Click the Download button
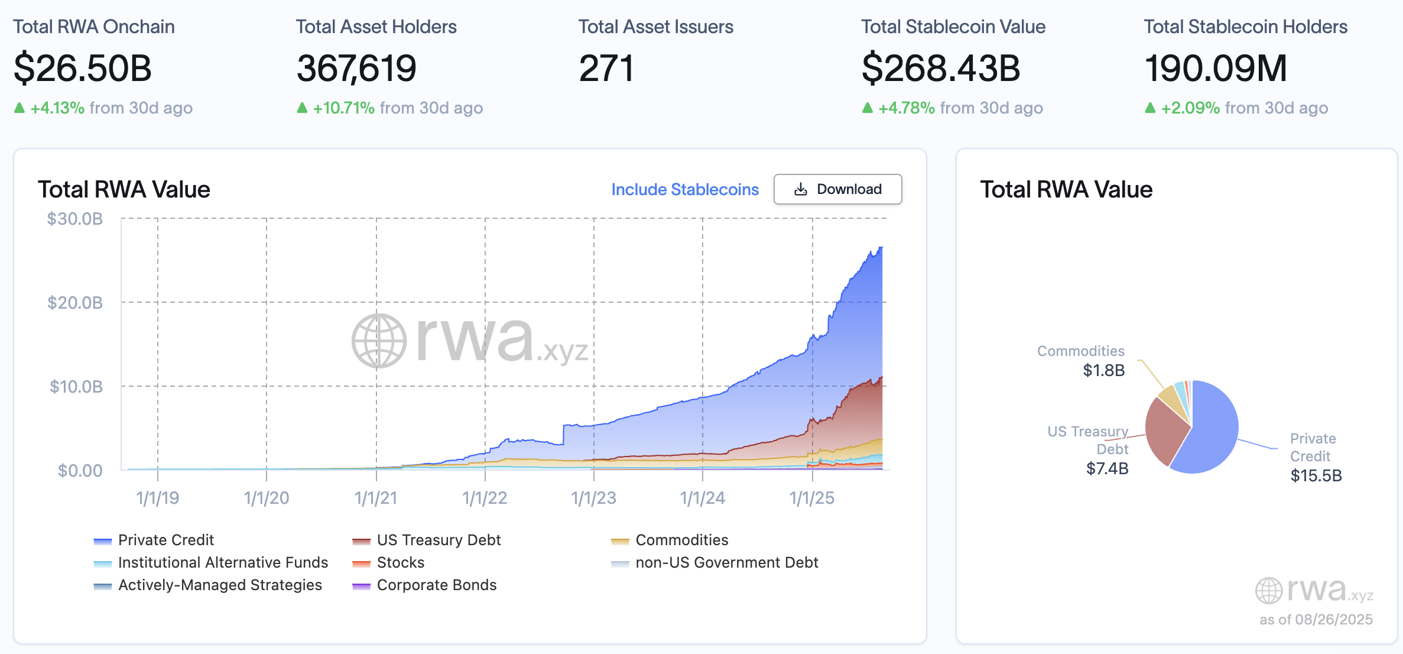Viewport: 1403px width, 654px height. click(837, 189)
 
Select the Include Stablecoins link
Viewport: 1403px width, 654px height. click(684, 189)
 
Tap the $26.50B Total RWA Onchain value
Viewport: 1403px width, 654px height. click(83, 68)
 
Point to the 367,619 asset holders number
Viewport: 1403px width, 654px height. click(356, 68)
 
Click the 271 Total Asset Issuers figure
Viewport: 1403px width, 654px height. click(606, 68)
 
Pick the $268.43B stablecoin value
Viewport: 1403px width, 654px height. click(940, 68)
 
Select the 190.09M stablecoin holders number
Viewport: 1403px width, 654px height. click(1215, 68)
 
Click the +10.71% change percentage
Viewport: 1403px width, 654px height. click(343, 108)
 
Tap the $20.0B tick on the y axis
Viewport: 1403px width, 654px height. click(75, 303)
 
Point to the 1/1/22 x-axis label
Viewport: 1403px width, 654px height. click(485, 498)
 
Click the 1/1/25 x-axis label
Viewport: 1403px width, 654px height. click(812, 498)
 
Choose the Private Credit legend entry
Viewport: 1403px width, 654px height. click(165, 540)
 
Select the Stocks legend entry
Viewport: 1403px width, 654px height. click(400, 562)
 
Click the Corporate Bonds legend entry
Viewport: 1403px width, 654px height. click(436, 585)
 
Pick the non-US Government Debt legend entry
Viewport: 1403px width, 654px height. click(726, 562)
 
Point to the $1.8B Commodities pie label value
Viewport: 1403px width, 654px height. click(1103, 371)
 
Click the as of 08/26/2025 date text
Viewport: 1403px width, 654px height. click(1316, 620)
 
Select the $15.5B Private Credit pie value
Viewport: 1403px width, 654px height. click(1316, 476)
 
